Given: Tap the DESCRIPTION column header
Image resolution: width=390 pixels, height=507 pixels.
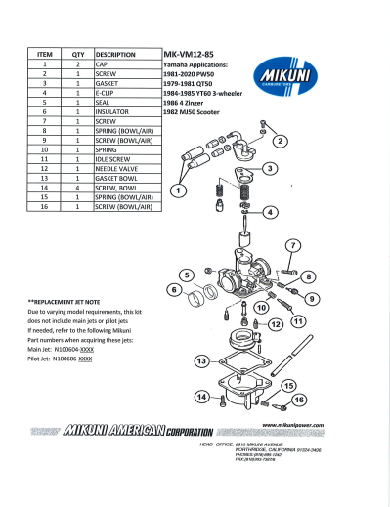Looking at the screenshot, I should point(115,55).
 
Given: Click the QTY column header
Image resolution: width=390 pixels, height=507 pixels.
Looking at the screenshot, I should point(78,55).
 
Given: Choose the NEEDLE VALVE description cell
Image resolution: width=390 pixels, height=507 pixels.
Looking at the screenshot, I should point(116,169).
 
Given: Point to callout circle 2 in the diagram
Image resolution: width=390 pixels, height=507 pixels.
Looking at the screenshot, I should point(281,141).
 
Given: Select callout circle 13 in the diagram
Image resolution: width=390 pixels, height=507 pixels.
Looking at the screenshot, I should point(200,362).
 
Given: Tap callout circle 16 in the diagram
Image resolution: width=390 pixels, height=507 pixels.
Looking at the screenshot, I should point(299,399).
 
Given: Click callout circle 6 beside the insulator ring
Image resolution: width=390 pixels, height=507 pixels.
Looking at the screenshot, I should point(175,290).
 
